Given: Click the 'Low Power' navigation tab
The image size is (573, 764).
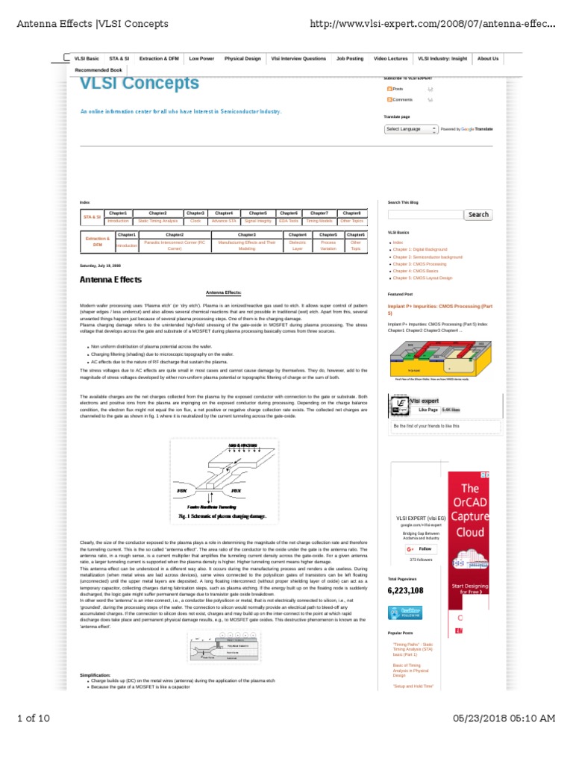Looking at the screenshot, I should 201,58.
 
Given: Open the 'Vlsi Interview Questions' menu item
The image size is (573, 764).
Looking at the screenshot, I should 298,58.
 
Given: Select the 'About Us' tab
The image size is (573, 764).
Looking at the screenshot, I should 488,58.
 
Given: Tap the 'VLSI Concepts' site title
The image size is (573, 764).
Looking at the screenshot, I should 140,84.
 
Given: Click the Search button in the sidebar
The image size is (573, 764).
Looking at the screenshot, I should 478,214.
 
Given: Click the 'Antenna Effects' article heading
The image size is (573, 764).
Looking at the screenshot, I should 110,280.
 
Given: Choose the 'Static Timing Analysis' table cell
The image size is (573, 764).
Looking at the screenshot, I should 157,222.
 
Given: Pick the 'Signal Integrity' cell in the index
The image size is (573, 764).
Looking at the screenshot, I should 258,222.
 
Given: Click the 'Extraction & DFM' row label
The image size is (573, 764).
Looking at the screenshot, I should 97,242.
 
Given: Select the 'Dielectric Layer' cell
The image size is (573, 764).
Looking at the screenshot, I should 298,245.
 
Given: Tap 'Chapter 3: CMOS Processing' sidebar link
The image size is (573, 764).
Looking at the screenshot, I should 419,264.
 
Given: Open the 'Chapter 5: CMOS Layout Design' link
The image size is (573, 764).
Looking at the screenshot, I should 422,278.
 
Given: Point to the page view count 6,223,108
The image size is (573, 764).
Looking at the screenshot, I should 405,590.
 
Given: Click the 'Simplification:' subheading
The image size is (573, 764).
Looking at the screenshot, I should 95,674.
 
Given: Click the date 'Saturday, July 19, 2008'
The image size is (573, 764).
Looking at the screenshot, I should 100,266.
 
